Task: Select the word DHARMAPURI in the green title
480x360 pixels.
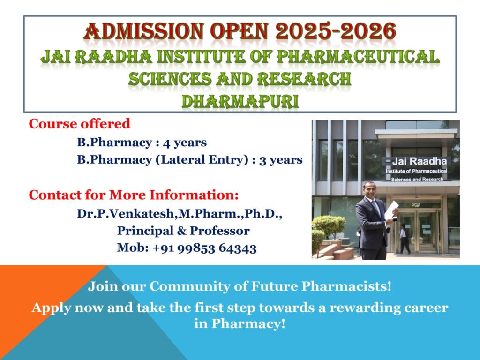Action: pos(240,101)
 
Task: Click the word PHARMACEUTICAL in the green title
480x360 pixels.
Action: pos(358,57)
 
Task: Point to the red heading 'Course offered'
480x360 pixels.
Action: pos(80,124)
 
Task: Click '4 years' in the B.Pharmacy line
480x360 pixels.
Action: pos(185,142)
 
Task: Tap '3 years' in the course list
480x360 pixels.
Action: pos(281,160)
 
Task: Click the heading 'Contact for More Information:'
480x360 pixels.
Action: pos(134,195)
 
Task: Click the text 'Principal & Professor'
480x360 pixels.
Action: pos(183,231)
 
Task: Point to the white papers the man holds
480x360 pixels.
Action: pos(391,210)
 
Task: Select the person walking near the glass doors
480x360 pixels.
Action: pos(405,239)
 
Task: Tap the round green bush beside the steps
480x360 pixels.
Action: pos(330,226)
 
